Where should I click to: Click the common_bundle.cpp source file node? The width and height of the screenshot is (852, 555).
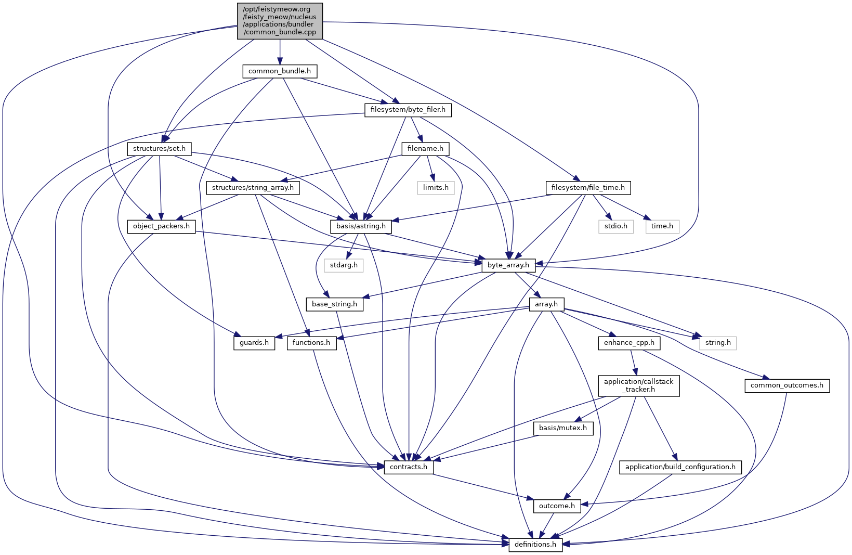pyautogui.click(x=280, y=21)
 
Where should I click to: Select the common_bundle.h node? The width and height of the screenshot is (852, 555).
pyautogui.click(x=280, y=71)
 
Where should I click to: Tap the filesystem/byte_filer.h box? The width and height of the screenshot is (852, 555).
pyautogui.click(x=408, y=110)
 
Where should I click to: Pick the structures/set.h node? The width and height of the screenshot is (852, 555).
pyautogui.click(x=159, y=149)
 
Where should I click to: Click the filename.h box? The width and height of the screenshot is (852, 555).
pyautogui.click(x=425, y=149)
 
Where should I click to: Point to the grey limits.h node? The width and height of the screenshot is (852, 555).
pyautogui.click(x=436, y=187)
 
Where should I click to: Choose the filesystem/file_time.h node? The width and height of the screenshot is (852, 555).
pyautogui.click(x=588, y=187)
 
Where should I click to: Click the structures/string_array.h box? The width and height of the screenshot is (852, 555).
pyautogui.click(x=253, y=187)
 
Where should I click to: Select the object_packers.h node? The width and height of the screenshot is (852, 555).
pyautogui.click(x=161, y=226)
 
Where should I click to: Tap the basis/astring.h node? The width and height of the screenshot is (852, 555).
pyautogui.click(x=361, y=226)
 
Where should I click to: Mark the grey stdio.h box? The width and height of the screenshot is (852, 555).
pyautogui.click(x=616, y=226)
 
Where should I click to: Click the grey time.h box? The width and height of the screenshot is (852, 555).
pyautogui.click(x=662, y=226)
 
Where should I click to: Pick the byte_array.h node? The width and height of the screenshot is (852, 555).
pyautogui.click(x=508, y=265)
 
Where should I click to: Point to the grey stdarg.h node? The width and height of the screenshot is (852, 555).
pyautogui.click(x=344, y=265)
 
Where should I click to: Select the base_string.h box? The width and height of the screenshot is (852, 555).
pyautogui.click(x=334, y=304)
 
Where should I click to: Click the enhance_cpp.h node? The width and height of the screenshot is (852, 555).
pyautogui.click(x=629, y=343)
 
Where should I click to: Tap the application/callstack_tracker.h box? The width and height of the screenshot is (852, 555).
pyautogui.click(x=638, y=385)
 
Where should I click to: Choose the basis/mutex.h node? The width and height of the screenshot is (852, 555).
pyautogui.click(x=562, y=428)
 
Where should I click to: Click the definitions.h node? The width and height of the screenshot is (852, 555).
pyautogui.click(x=535, y=545)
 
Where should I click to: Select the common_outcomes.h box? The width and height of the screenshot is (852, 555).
pyautogui.click(x=787, y=385)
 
